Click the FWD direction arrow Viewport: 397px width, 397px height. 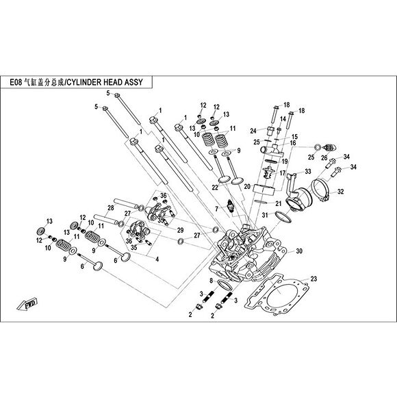27,304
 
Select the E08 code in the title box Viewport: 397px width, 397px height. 16,82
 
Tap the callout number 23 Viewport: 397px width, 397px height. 313,279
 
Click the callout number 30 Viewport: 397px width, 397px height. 299,251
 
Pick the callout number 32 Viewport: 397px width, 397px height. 341,192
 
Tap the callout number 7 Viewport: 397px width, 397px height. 217,209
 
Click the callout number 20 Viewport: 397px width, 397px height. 247,187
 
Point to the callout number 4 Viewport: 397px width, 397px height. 157,259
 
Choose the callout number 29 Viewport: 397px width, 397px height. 180,230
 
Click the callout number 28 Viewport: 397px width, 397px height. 111,208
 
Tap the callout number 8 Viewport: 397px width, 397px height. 211,281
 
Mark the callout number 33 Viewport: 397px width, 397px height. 308,171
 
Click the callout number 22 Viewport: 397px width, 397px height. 215,188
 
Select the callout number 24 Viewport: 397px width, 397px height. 253,131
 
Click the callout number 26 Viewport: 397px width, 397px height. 324,157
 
